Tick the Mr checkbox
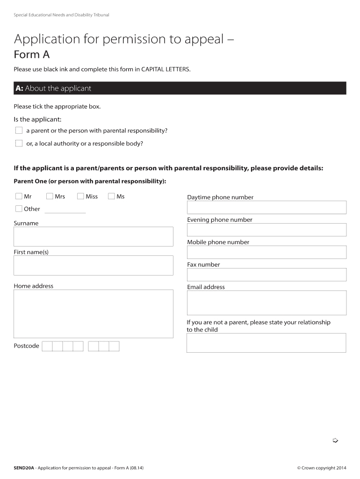19,196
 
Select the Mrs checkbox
50,196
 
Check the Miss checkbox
80,196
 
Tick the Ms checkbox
111,196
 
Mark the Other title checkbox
19,209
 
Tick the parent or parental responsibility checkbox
19,131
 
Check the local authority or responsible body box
19,143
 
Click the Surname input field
94,236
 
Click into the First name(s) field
94,265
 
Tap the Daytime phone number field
266,207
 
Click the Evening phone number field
266,230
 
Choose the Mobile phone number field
266,252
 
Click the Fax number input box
266,275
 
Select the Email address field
266,303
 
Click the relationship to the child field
266,342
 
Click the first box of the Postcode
47,346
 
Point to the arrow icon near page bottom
335,440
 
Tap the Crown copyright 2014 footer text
322,468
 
